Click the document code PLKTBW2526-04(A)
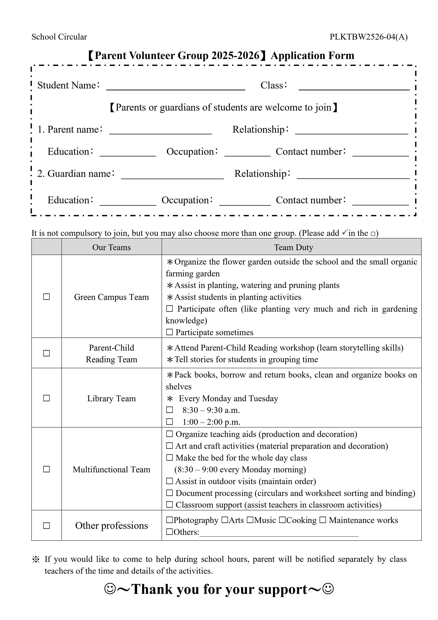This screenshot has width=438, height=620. pyautogui.click(x=368, y=37)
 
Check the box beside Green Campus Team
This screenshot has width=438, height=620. pyautogui.click(x=46, y=297)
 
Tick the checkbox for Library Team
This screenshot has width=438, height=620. pyautogui.click(x=46, y=398)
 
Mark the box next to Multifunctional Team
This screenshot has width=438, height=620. pyautogui.click(x=46, y=469)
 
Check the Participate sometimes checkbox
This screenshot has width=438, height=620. pyautogui.click(x=169, y=332)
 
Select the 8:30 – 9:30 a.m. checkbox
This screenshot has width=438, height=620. pyautogui.click(x=169, y=410)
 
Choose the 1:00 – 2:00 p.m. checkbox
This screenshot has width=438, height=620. pyautogui.click(x=169, y=422)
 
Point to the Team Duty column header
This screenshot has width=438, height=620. pyautogui.click(x=294, y=247)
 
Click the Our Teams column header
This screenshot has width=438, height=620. pyautogui.click(x=111, y=247)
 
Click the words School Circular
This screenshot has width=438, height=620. pyautogui.click(x=59, y=37)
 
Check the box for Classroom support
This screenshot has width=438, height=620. pyautogui.click(x=169, y=504)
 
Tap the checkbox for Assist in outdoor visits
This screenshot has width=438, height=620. pyautogui.click(x=169, y=481)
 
